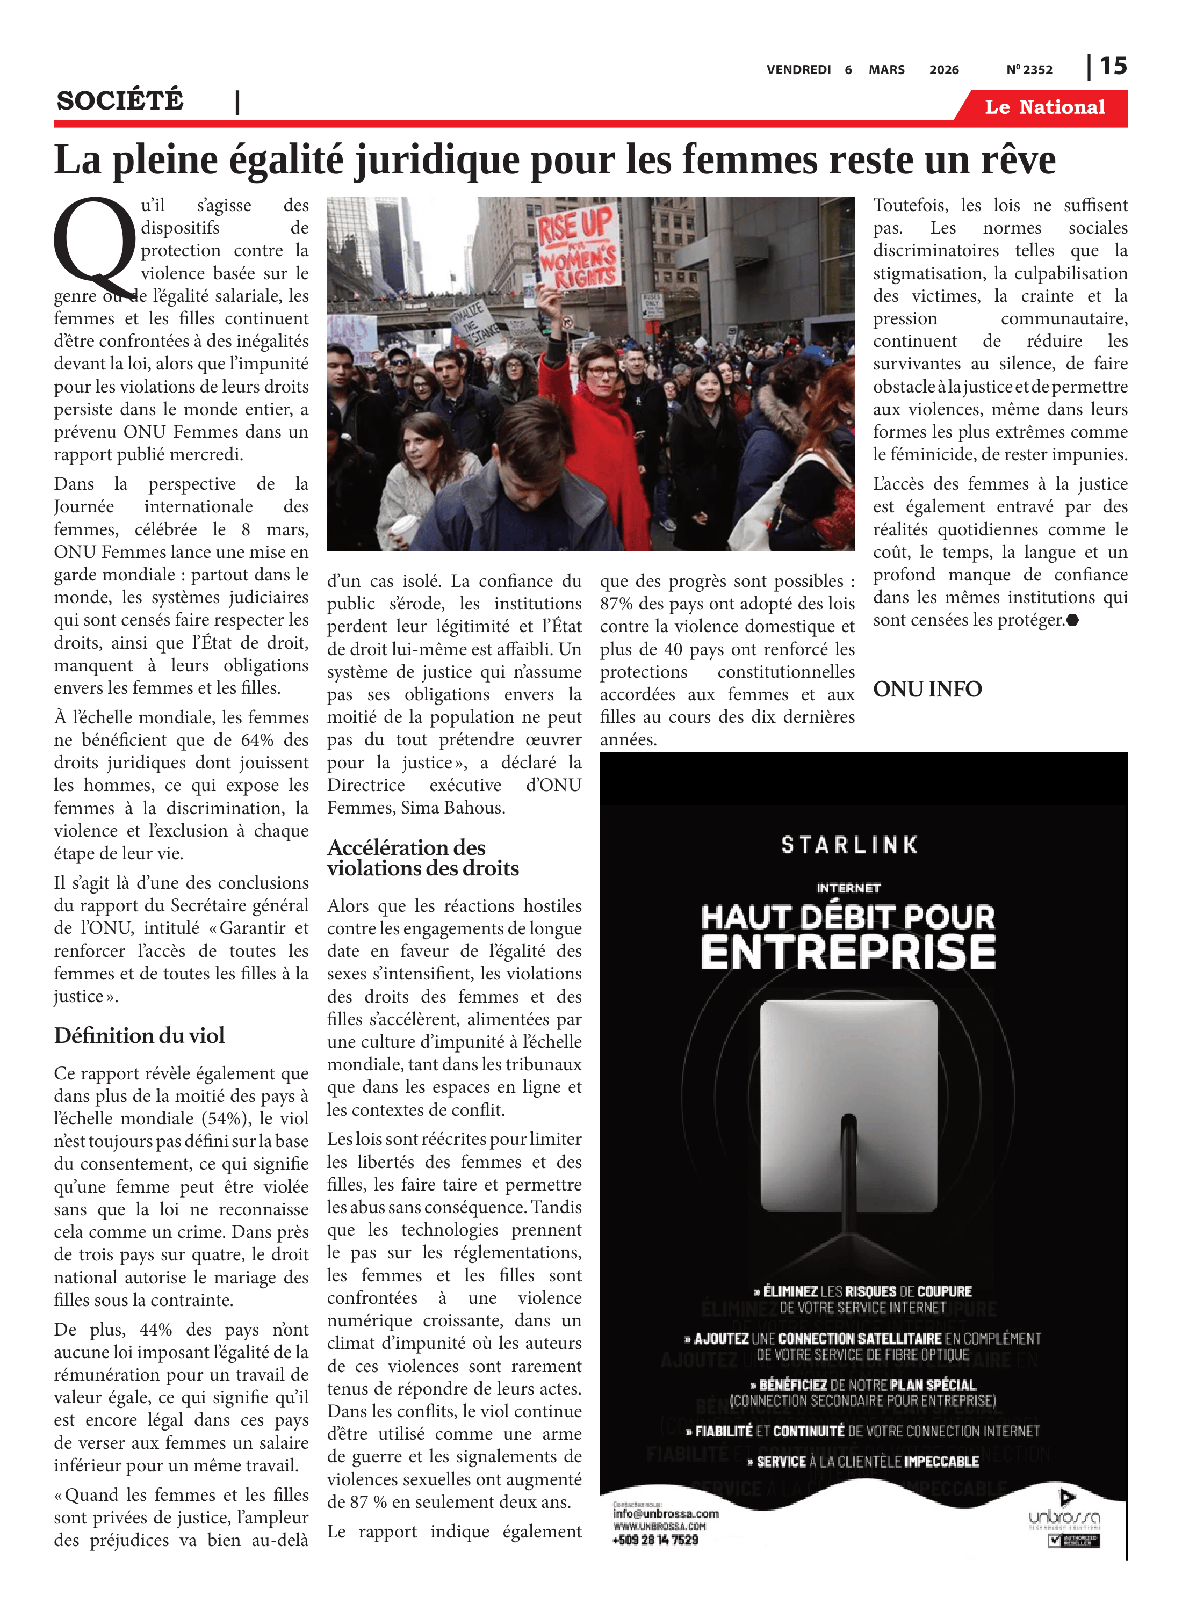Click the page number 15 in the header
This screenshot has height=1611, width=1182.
tap(1113, 66)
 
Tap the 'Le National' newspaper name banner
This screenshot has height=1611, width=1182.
tap(1044, 107)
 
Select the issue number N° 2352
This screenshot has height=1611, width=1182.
tap(1029, 69)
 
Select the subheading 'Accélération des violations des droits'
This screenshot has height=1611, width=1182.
tap(423, 858)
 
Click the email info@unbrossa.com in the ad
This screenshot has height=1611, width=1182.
tap(665, 1514)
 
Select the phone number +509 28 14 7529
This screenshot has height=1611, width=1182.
tap(655, 1540)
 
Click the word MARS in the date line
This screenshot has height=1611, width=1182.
tap(886, 69)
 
